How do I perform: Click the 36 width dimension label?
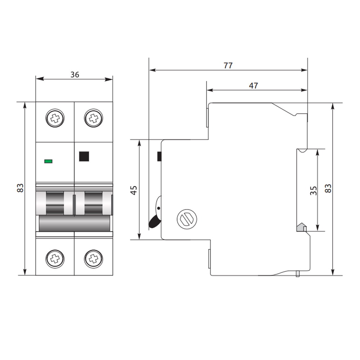75,75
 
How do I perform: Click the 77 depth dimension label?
228,66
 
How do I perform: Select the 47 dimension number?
253,86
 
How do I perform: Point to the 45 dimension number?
134,190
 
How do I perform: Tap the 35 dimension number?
314,190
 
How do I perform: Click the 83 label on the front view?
20,188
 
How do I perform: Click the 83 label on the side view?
328,188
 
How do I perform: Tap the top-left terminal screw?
55,118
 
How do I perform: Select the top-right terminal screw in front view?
94,118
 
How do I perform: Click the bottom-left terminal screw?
55,259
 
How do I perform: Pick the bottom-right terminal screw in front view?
94,259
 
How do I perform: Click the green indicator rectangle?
48,161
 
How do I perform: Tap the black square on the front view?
84,156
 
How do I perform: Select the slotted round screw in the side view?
187,219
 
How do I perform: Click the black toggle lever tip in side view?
153,223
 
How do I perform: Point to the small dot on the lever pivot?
158,208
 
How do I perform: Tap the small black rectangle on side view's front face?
159,156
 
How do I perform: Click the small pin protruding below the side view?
298,274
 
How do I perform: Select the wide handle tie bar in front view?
75,223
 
